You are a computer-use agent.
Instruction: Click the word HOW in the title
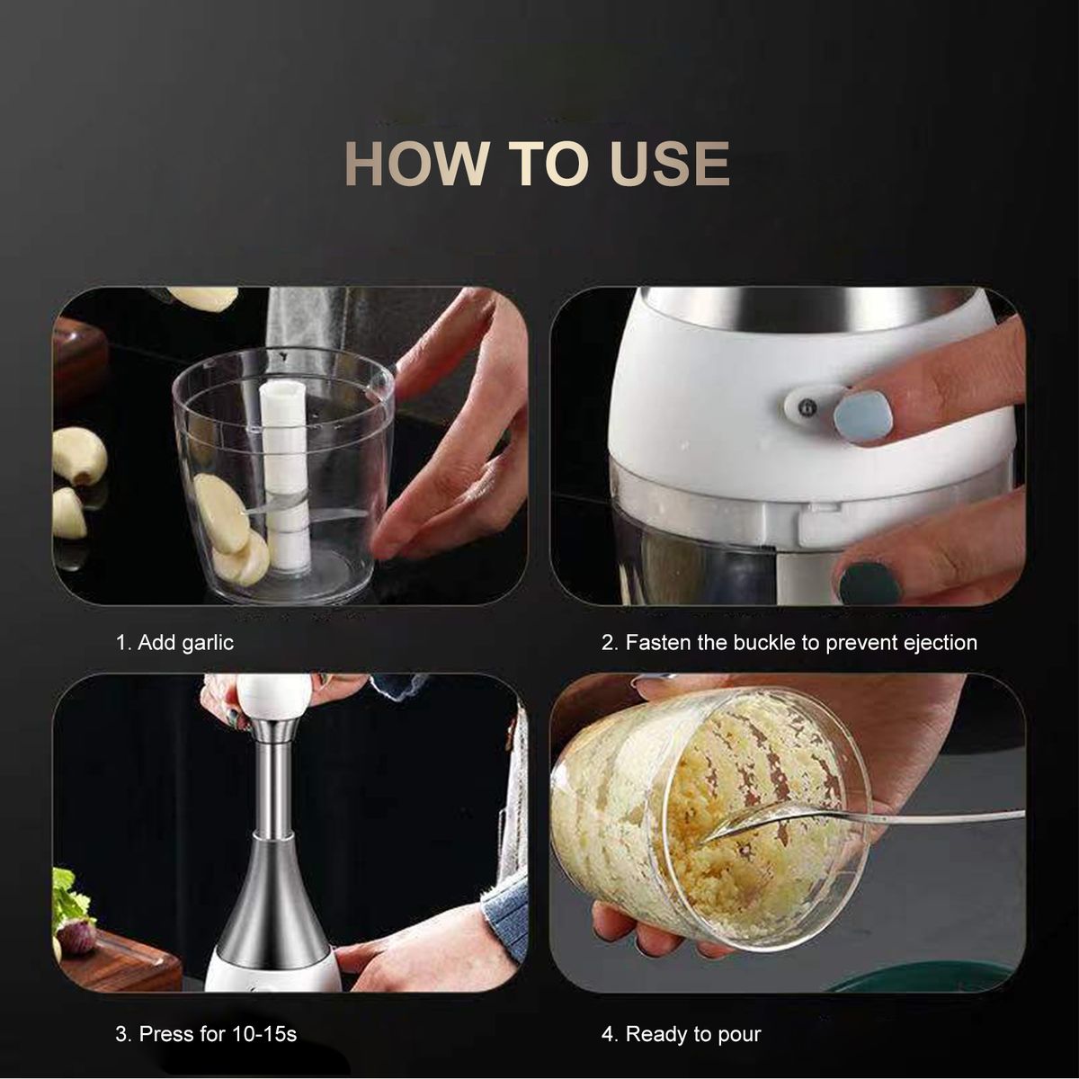pyautogui.click(x=416, y=163)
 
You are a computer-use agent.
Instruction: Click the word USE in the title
pyautogui.click(x=669, y=163)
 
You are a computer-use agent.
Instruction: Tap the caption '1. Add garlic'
pyautogui.click(x=174, y=642)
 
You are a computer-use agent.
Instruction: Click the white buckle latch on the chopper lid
pyautogui.click(x=811, y=406)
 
